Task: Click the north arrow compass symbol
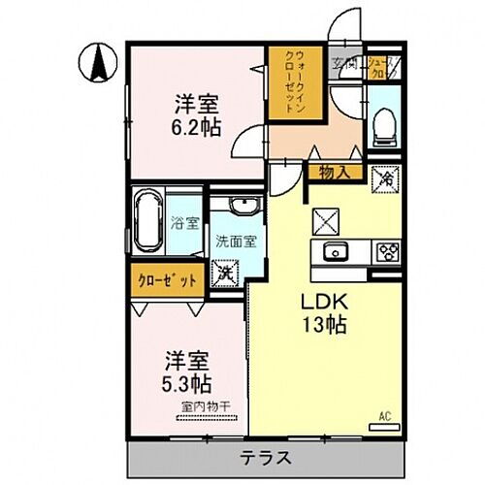(x=97, y=64)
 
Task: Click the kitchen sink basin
(x=338, y=252)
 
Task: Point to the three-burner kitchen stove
(x=389, y=252)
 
